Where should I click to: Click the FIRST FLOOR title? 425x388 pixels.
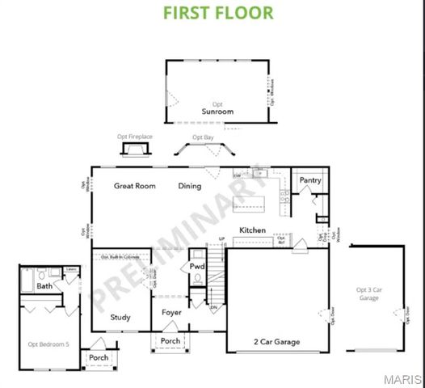pyautogui.click(x=218, y=13)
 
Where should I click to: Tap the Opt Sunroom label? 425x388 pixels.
pyautogui.click(x=217, y=109)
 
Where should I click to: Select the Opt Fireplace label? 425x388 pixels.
pyautogui.click(x=134, y=137)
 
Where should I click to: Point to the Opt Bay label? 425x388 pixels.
pyautogui.click(x=203, y=137)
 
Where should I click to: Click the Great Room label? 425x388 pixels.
pyautogui.click(x=134, y=186)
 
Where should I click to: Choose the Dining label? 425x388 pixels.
pyautogui.click(x=190, y=186)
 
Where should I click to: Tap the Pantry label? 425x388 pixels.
pyautogui.click(x=311, y=180)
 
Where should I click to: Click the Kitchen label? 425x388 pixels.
pyautogui.click(x=252, y=230)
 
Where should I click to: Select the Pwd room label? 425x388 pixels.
pyautogui.click(x=197, y=266)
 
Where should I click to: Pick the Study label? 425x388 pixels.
pyautogui.click(x=120, y=317)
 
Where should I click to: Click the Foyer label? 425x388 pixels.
pyautogui.click(x=170, y=311)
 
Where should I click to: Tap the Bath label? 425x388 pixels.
pyautogui.click(x=44, y=286)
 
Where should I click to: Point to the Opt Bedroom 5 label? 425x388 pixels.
pyautogui.click(x=48, y=344)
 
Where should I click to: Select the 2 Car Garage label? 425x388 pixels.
pyautogui.click(x=276, y=342)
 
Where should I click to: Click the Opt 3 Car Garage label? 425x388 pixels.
pyautogui.click(x=368, y=293)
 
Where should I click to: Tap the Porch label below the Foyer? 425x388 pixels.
pyautogui.click(x=170, y=340)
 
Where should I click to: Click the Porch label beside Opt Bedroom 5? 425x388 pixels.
pyautogui.click(x=99, y=357)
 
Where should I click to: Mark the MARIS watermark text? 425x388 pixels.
pyautogui.click(x=403, y=378)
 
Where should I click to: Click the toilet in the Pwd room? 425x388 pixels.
pyautogui.click(x=197, y=278)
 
